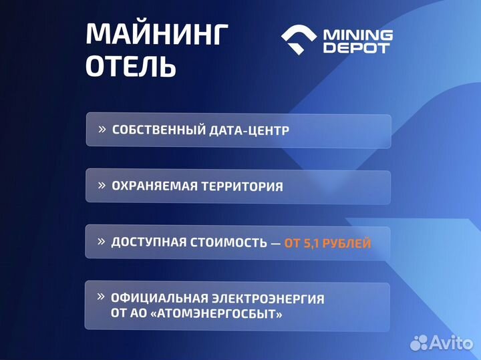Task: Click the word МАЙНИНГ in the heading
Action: (x=157, y=35)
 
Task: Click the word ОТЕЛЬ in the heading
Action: (x=132, y=67)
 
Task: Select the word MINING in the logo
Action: (x=357, y=34)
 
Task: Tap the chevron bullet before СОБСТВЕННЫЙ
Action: (x=102, y=128)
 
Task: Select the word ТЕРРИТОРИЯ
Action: (x=244, y=186)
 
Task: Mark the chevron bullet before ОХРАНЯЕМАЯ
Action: (x=102, y=185)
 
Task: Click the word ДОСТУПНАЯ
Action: (x=149, y=242)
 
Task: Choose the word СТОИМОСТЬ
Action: (x=228, y=242)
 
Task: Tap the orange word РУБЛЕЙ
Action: (x=347, y=243)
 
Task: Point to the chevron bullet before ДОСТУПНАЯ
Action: (x=102, y=241)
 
